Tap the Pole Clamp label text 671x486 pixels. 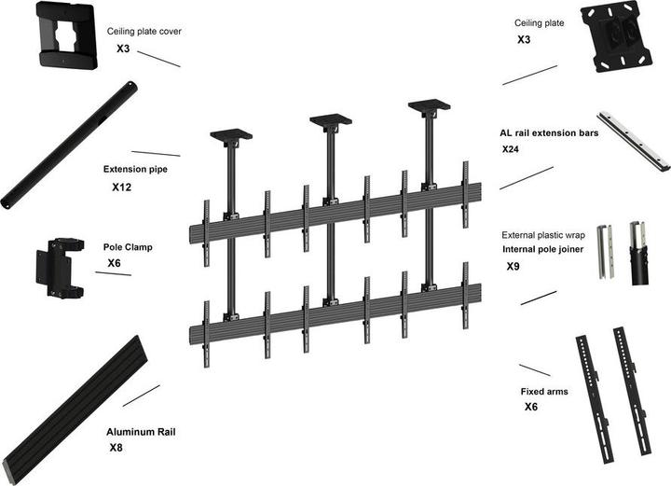[x=128, y=248]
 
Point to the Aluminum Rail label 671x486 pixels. [x=141, y=433]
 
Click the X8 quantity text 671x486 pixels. [x=116, y=449]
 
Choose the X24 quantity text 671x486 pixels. [x=511, y=149]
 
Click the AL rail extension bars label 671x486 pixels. [x=548, y=133]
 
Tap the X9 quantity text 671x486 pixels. [x=513, y=267]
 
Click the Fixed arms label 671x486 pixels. [x=543, y=392]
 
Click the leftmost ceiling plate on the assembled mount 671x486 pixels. [x=228, y=136]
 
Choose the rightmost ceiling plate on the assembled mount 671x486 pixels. [x=429, y=105]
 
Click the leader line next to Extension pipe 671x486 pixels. [x=156, y=153]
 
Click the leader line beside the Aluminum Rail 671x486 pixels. [x=141, y=396]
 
